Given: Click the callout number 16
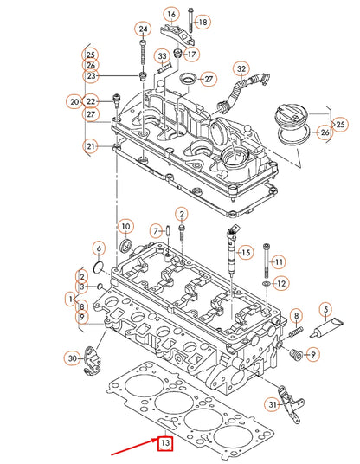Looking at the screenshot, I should pyautogui.click(x=170, y=15).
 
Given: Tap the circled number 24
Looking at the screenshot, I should pyautogui.click(x=143, y=29).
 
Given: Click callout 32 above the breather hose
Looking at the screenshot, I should pyautogui.click(x=241, y=69).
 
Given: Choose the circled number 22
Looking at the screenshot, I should pyautogui.click(x=92, y=102).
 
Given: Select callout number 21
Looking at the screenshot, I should pyautogui.click(x=89, y=147).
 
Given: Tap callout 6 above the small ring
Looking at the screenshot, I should pyautogui.click(x=99, y=248).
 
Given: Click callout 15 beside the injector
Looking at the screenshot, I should pyautogui.click(x=246, y=252).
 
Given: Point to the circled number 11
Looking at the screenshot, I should pyautogui.click(x=278, y=261).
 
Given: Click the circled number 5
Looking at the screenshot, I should pyautogui.click(x=326, y=309).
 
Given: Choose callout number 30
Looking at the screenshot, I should pyautogui.click(x=74, y=358).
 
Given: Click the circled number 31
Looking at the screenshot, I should pyautogui.click(x=272, y=403).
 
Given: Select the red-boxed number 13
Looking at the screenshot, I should pyautogui.click(x=165, y=444).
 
